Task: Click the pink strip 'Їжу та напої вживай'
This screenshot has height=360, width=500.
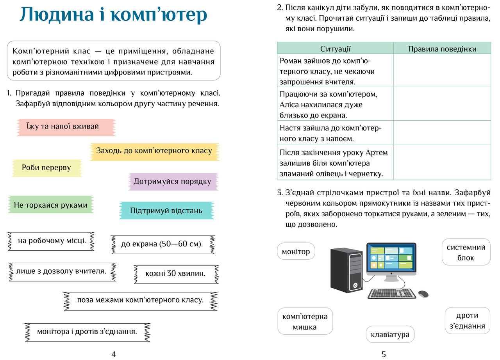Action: pyautogui.click(x=66, y=127)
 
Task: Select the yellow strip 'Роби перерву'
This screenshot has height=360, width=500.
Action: pyautogui.click(x=47, y=168)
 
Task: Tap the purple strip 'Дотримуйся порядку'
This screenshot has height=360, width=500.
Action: pyautogui.click(x=173, y=182)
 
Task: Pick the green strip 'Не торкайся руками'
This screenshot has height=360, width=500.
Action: pyautogui.click(x=51, y=205)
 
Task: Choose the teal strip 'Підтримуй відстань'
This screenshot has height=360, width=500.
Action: pyautogui.click(x=166, y=210)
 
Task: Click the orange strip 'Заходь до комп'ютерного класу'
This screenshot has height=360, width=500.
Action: pyautogui.click(x=155, y=152)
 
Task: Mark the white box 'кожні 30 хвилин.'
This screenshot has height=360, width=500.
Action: pyautogui.click(x=176, y=274)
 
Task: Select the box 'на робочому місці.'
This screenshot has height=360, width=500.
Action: pyautogui.click(x=51, y=241)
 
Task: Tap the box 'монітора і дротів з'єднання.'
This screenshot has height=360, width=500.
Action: pyautogui.click(x=87, y=332)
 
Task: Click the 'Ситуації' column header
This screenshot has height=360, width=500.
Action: pyautogui.click(x=335, y=48)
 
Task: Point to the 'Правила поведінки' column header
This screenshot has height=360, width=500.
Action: pyautogui.click(x=442, y=48)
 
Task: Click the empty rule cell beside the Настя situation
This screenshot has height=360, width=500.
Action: pyautogui.click(x=442, y=132)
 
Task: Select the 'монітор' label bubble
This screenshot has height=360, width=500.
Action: pyautogui.click(x=296, y=251)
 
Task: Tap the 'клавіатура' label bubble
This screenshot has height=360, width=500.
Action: pyautogui.click(x=390, y=334)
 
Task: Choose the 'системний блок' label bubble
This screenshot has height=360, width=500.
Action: pyautogui.click(x=466, y=252)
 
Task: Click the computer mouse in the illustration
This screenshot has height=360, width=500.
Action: pyautogui.click(x=423, y=294)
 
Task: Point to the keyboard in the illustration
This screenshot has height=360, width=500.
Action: pyautogui.click(x=392, y=294)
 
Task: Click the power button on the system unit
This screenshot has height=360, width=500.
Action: pyautogui.click(x=355, y=285)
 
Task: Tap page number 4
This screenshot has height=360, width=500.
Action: pyautogui.click(x=114, y=354)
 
